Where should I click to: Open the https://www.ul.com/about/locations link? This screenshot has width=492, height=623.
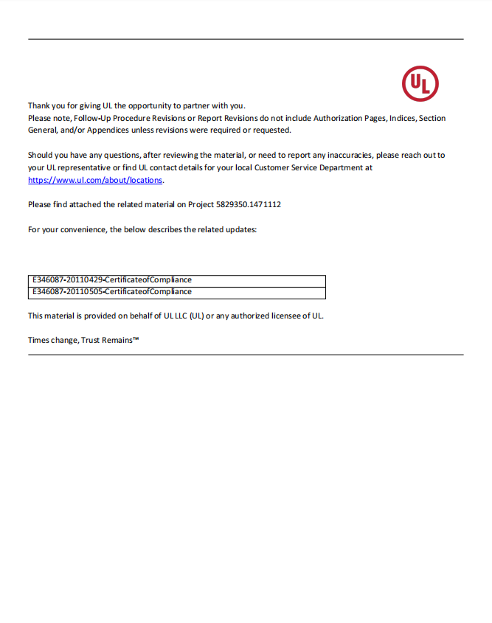(95, 180)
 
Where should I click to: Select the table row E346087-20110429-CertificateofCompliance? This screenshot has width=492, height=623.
(111, 280)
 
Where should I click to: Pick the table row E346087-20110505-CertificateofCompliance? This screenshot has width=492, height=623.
(111, 292)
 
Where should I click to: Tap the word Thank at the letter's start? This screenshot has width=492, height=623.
(39, 105)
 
